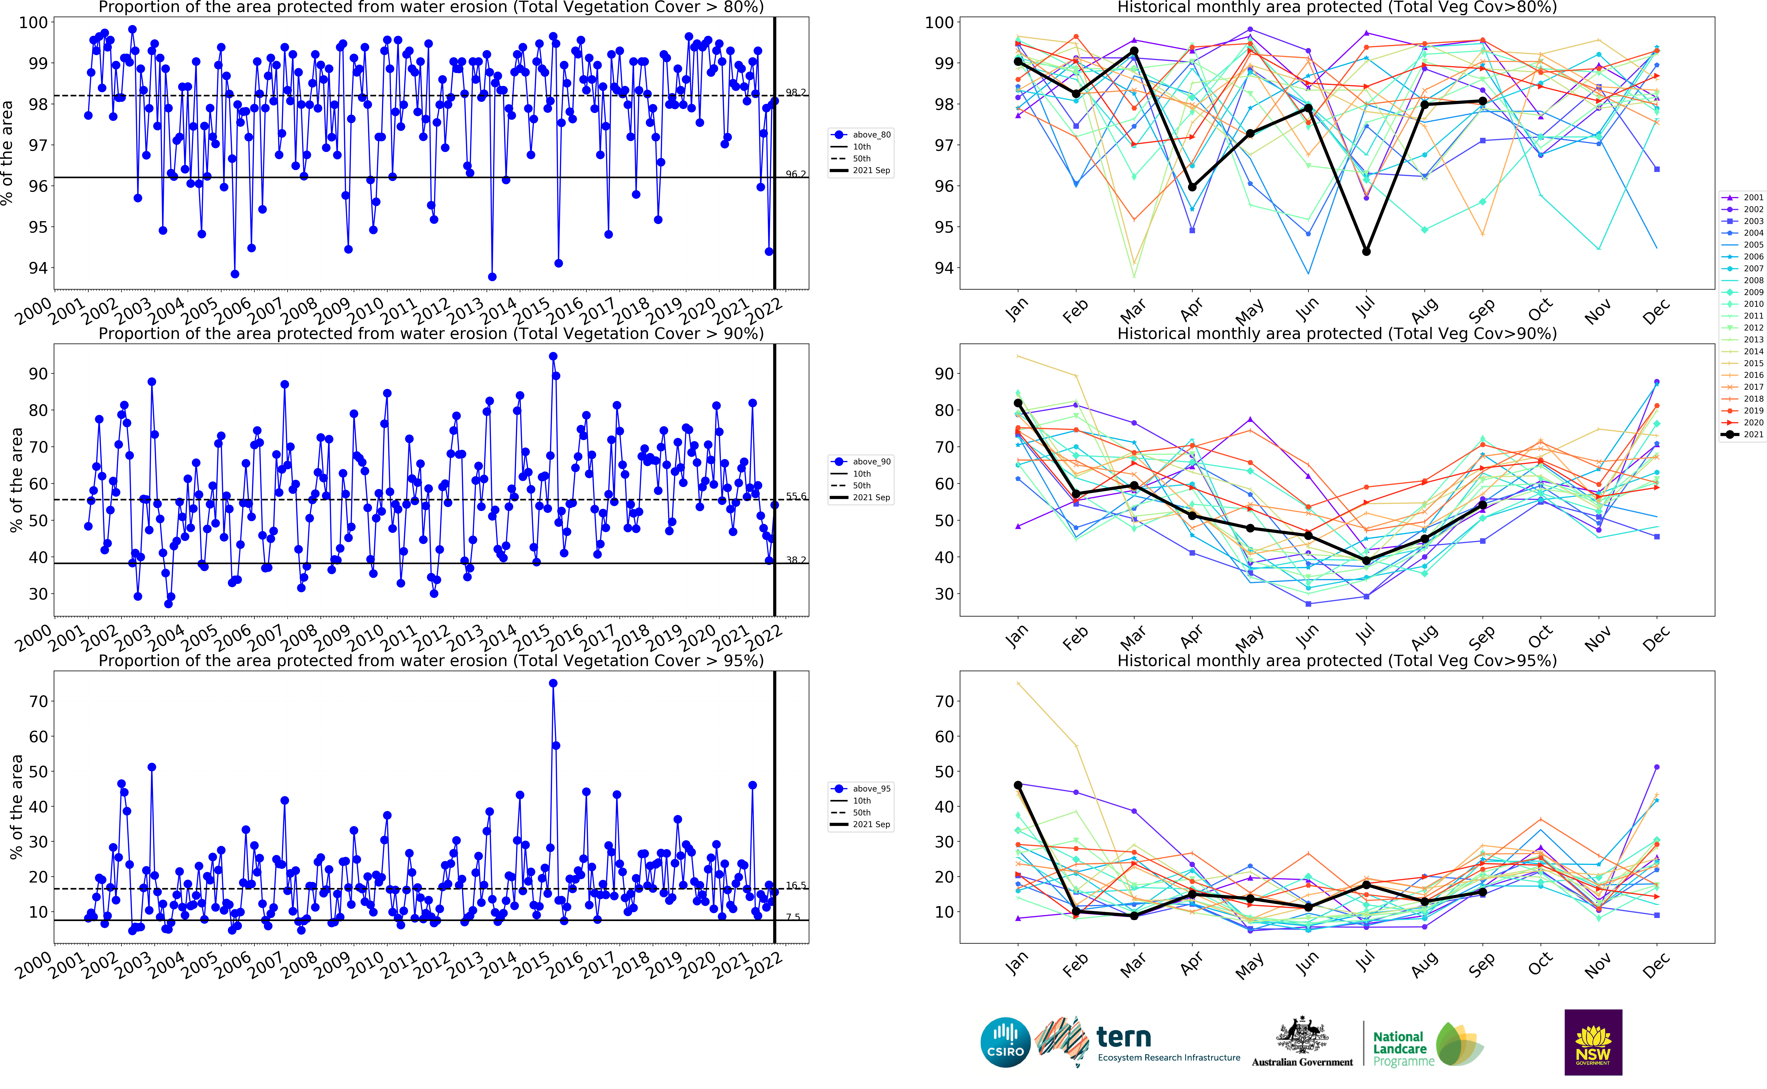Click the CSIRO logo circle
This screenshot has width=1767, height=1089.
(1005, 1042)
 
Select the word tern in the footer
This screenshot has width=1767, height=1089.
(1123, 1037)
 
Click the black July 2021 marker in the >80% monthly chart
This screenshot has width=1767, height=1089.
(1366, 251)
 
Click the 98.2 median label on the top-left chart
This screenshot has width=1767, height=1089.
(796, 92)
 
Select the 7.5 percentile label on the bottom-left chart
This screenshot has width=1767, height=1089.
(793, 917)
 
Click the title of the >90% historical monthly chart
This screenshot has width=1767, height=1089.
(1336, 334)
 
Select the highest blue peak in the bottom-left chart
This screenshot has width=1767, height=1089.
(553, 683)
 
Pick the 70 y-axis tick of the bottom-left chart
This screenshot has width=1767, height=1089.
(38, 702)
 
